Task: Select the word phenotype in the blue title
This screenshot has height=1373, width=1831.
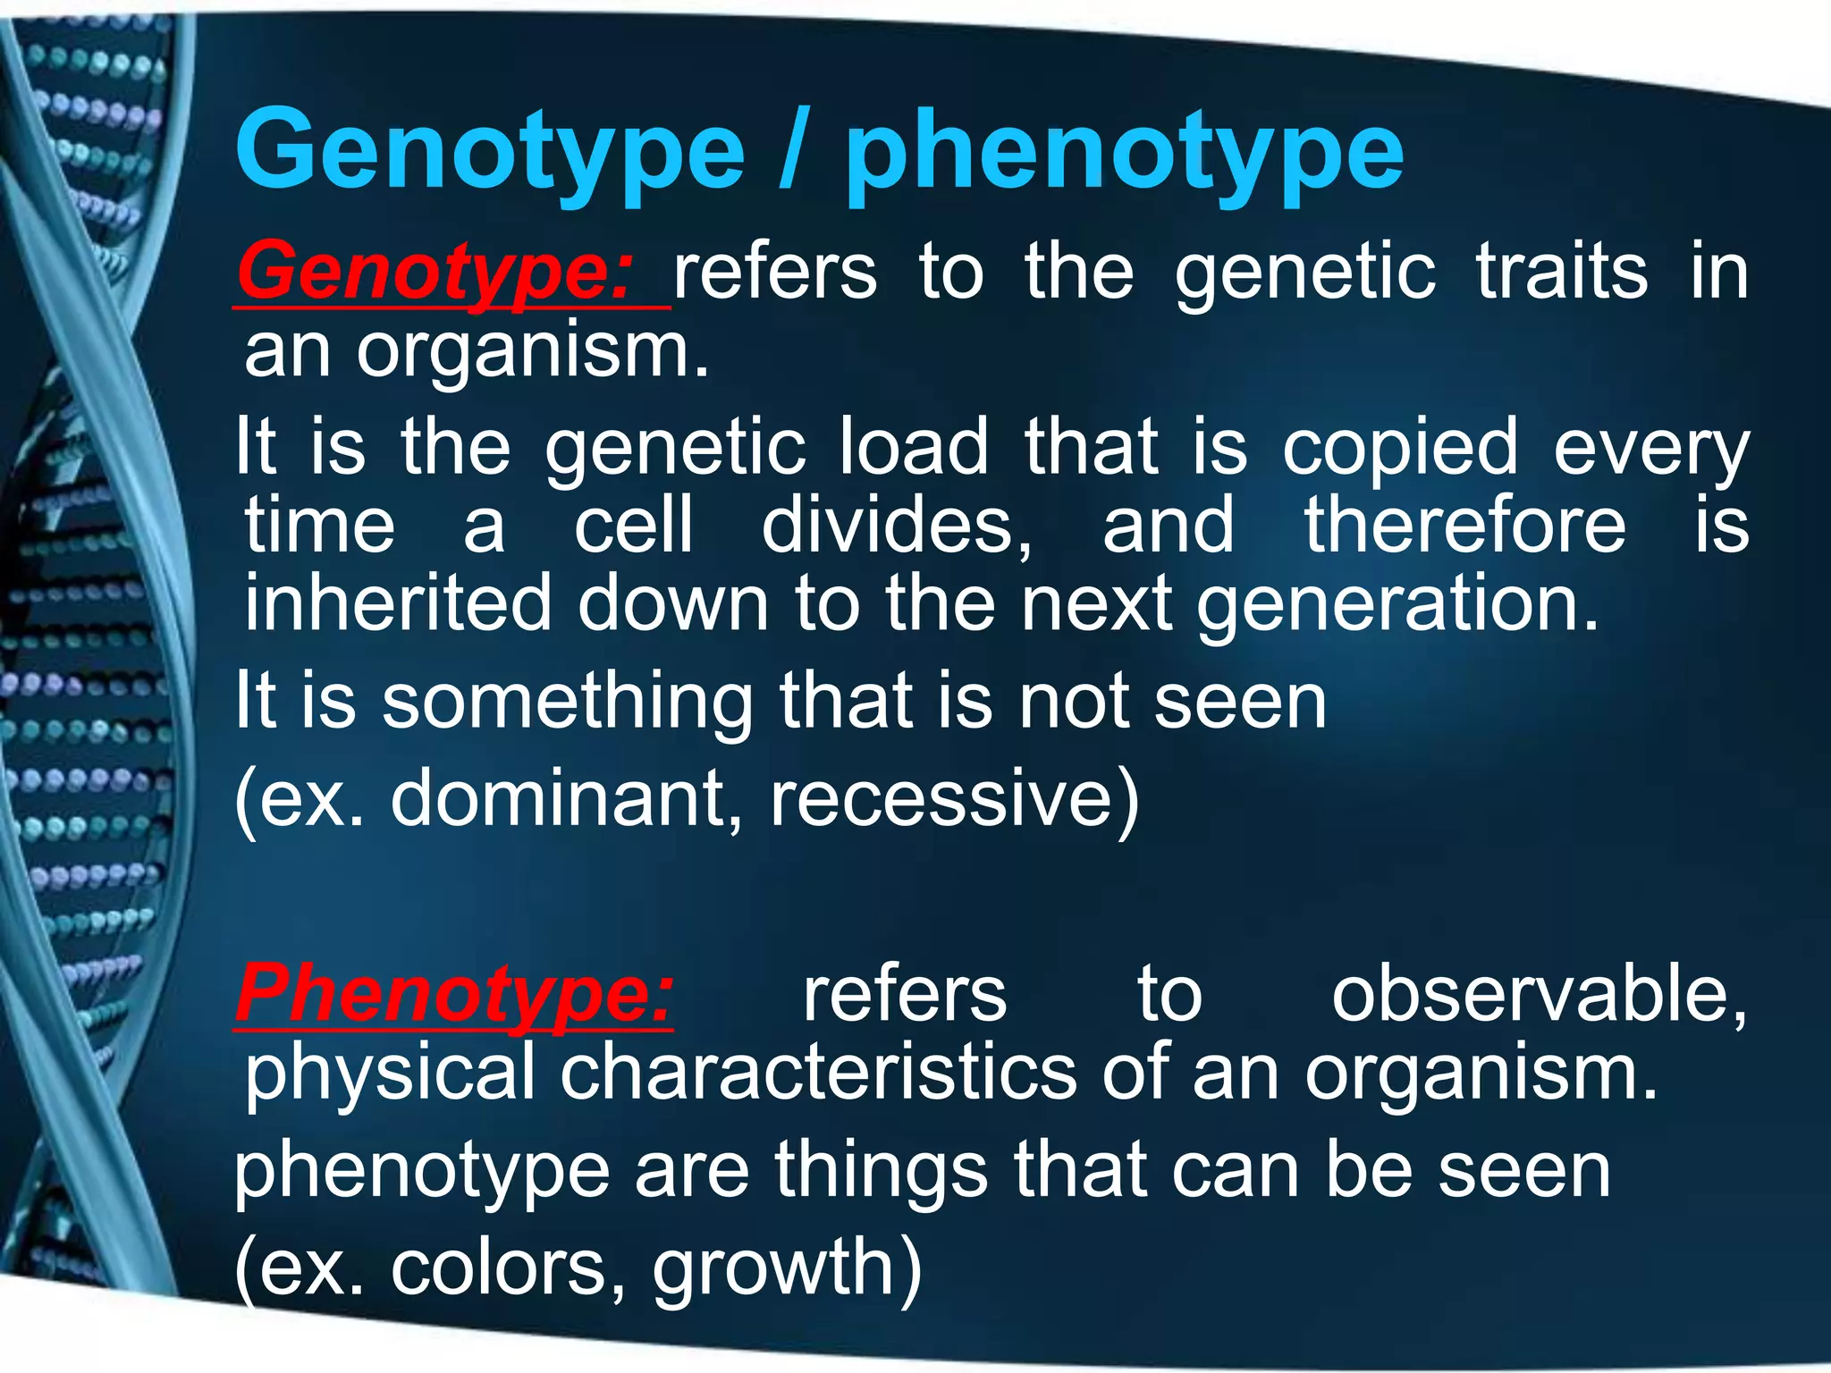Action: [1125, 154]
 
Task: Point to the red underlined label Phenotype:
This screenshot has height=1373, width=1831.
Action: [454, 994]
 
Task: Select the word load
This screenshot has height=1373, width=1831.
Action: [914, 446]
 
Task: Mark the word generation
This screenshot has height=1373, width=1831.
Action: [1397, 606]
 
